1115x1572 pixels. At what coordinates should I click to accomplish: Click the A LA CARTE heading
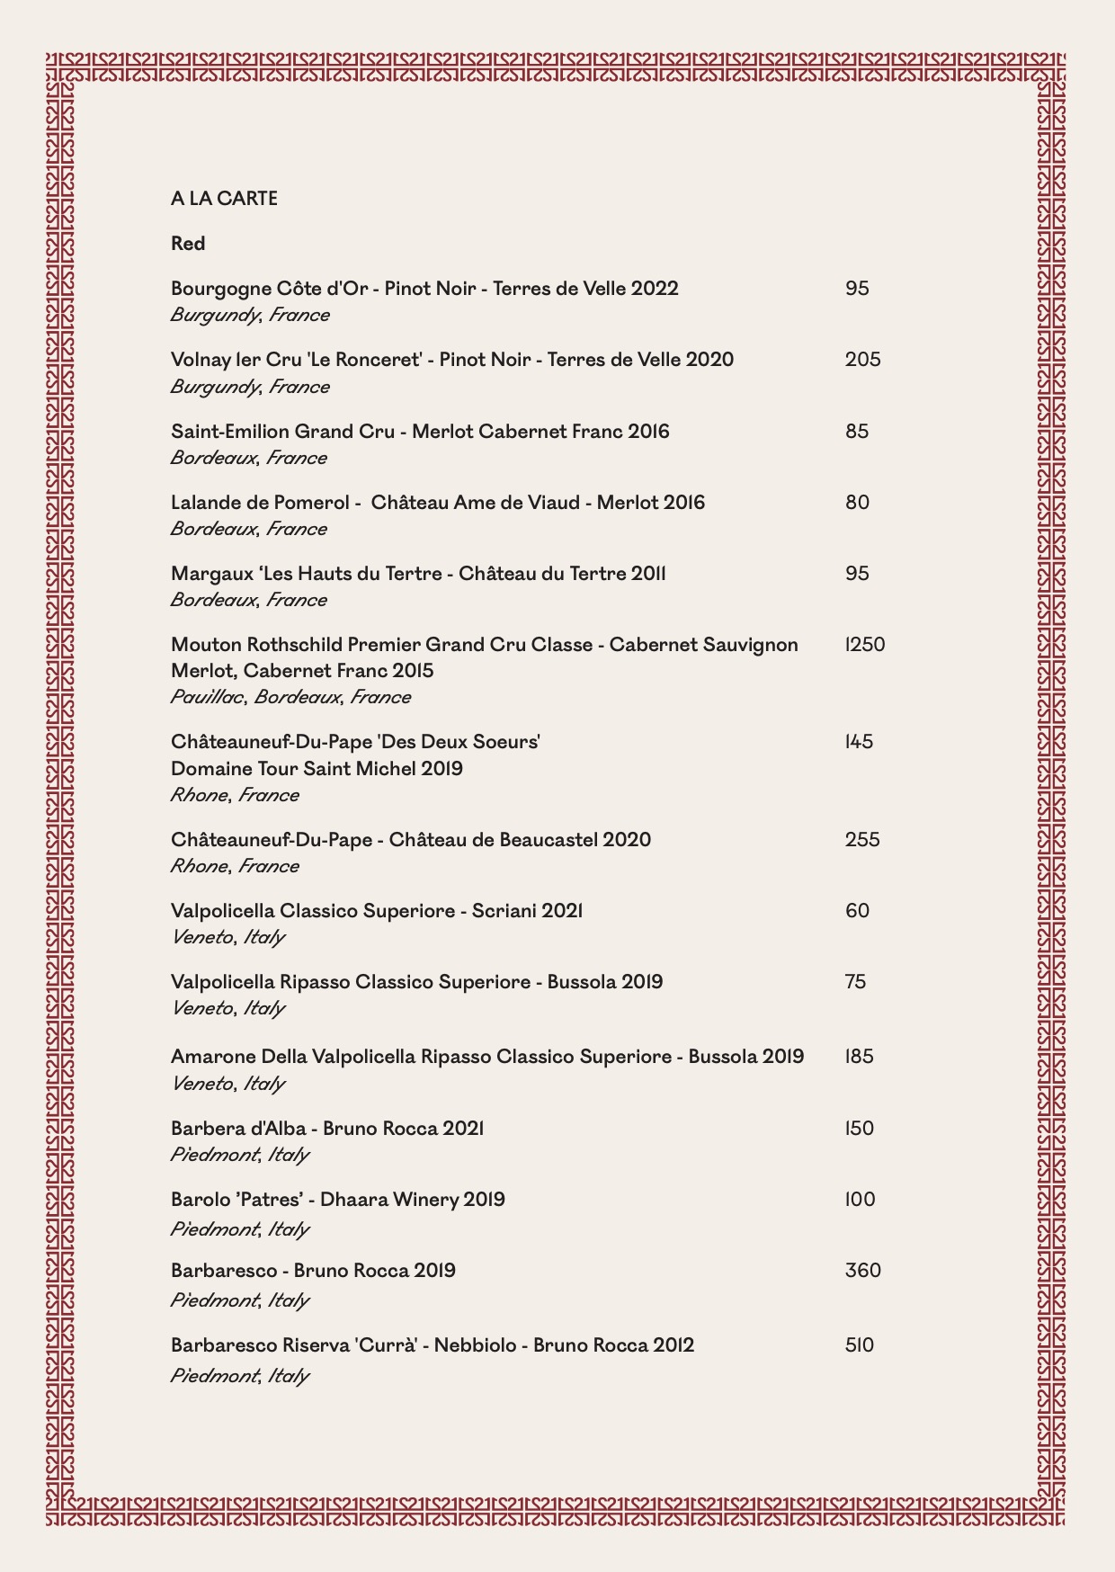[224, 199]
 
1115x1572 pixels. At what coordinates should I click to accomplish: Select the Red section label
[188, 244]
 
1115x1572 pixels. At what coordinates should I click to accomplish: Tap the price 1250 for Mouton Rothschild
[865, 645]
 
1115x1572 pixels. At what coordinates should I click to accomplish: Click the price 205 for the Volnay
[863, 360]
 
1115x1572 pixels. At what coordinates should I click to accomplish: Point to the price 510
[860, 1345]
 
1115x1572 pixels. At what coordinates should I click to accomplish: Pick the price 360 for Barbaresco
[863, 1271]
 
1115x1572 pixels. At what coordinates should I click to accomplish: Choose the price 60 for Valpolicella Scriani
[858, 911]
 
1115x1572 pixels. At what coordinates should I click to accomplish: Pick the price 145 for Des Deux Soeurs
[860, 742]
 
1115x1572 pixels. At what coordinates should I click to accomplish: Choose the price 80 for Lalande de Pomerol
[858, 503]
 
